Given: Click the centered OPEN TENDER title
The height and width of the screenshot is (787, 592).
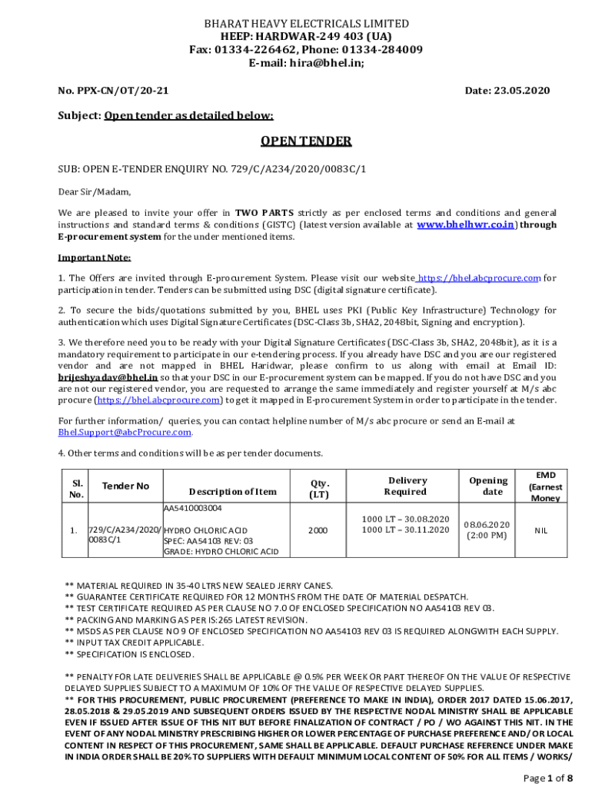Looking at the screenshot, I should pos(306,141).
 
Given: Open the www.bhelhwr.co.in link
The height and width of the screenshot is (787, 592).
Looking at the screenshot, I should pos(466,225).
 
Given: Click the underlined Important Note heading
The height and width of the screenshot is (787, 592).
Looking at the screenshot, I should pos(95,257).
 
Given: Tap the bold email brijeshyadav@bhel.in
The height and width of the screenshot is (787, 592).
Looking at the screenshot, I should pos(108,378).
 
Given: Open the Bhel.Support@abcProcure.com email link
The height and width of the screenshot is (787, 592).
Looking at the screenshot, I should pos(125,433).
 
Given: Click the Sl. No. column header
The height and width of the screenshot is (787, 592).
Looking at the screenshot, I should pos(77,489).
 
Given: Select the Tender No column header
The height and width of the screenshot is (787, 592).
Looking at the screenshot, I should pos(126,486).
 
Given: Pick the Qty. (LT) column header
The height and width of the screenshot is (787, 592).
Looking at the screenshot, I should pos(319,489).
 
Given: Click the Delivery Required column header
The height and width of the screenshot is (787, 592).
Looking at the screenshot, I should pos(406,486).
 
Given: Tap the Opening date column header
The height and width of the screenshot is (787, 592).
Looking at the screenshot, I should pos(488,486).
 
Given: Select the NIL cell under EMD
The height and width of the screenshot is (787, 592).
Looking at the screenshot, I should pos(541,530).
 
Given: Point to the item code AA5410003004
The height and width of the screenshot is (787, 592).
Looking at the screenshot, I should pos(193,508).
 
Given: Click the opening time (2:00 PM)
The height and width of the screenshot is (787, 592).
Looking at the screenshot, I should pos(487,535).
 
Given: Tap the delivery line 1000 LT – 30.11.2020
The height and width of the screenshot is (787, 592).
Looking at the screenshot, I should pos(405,530).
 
